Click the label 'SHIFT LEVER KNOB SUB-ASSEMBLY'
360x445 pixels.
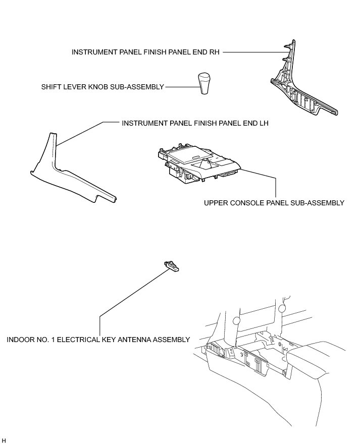102,87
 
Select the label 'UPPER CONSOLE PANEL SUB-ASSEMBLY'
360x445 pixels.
274,203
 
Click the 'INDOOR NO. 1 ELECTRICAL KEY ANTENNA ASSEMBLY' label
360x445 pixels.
98,340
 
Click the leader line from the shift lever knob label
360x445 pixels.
180,87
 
